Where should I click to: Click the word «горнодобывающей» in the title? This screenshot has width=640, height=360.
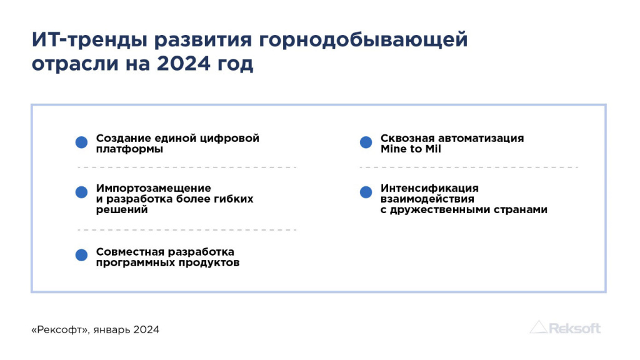(x=363, y=40)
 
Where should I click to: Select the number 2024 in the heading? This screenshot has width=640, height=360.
(x=183, y=64)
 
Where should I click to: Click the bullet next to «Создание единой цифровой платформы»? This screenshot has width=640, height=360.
(x=81, y=142)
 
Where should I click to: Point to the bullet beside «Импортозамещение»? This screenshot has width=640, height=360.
(x=81, y=192)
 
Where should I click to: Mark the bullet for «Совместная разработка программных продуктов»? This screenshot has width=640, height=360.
(x=81, y=255)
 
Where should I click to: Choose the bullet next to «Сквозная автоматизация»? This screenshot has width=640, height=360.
(x=366, y=142)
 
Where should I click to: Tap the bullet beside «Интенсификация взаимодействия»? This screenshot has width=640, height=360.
(x=366, y=192)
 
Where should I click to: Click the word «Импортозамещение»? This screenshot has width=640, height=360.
(x=154, y=189)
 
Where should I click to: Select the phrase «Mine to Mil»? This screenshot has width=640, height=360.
(x=411, y=149)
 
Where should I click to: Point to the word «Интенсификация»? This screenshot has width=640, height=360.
(x=429, y=189)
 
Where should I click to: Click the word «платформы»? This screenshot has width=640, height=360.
(x=129, y=149)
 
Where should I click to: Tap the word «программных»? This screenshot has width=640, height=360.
(x=135, y=263)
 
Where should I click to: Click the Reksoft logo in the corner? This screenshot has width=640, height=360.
(x=565, y=327)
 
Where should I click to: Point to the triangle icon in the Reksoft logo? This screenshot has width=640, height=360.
(x=538, y=327)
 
